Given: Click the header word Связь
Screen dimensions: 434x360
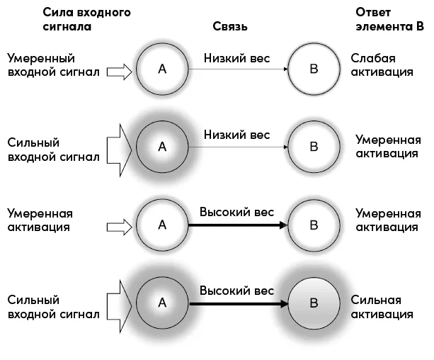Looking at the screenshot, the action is [x=230, y=27].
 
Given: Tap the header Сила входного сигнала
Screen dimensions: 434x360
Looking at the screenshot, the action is [x=86, y=19].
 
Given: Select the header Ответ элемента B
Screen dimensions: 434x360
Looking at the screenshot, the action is [x=389, y=19].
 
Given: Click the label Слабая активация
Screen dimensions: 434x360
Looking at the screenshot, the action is [x=382, y=65].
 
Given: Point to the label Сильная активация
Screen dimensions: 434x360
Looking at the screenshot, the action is [x=382, y=307].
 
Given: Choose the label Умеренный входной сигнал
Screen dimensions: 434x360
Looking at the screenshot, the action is [x=53, y=65].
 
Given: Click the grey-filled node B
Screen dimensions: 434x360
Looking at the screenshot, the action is [x=314, y=303].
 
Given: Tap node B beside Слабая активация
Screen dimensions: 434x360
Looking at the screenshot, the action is [x=314, y=69].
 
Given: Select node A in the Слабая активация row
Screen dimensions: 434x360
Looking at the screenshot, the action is [x=162, y=69].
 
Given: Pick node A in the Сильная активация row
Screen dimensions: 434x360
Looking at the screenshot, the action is [x=162, y=303].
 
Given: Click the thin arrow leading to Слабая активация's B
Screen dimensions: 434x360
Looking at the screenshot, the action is [x=238, y=69].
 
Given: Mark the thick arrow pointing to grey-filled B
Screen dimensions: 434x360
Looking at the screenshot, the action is [x=239, y=304].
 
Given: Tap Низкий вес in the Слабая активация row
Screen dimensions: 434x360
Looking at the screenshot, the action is [x=237, y=58].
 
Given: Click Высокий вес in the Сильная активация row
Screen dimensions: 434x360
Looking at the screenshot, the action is [x=237, y=291].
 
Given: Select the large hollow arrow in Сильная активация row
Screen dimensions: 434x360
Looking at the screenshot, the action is [x=119, y=306].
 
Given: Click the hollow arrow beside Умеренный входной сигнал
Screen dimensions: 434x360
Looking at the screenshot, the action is [x=119, y=72].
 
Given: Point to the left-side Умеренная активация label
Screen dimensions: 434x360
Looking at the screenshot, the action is [x=40, y=220].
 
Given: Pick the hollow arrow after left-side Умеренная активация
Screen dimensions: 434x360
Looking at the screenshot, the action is [x=119, y=227].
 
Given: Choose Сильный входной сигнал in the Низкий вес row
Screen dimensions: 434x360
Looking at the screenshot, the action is [x=53, y=150].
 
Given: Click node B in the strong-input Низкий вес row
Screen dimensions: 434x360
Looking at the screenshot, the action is [x=314, y=147].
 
